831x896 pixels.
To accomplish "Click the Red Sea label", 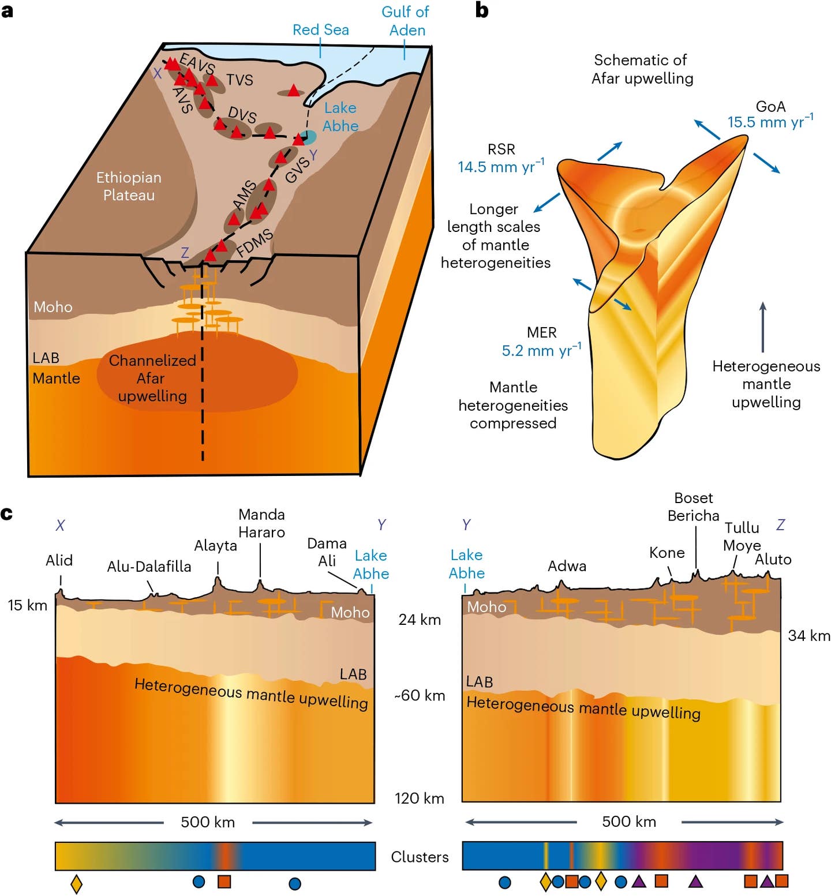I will click(320, 29).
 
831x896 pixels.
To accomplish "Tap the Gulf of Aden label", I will click(406, 21).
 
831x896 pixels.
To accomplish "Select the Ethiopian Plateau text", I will click(129, 186).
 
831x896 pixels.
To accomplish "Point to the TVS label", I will click(239, 80).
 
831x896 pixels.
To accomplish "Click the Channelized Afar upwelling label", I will click(152, 378).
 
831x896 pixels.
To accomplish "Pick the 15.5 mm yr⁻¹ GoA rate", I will click(770, 122).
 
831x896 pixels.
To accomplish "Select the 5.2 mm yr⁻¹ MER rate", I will click(541, 350).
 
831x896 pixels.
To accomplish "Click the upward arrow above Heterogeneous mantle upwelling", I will click(763, 327).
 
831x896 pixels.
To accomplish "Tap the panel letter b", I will click(482, 10).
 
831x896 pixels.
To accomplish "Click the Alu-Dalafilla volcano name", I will click(149, 567).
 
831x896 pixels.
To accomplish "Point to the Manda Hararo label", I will click(261, 523).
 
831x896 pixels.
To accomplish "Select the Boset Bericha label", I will click(693, 507).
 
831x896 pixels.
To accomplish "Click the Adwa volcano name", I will click(567, 566).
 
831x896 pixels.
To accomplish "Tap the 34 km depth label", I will click(808, 636).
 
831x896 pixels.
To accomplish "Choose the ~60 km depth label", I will click(420, 695).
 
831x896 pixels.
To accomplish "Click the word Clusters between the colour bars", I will click(420, 857).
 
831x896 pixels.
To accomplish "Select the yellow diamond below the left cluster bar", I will click(76, 883).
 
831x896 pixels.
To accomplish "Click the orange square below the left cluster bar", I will click(224, 882).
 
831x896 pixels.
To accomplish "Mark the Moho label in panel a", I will click(53, 307).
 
